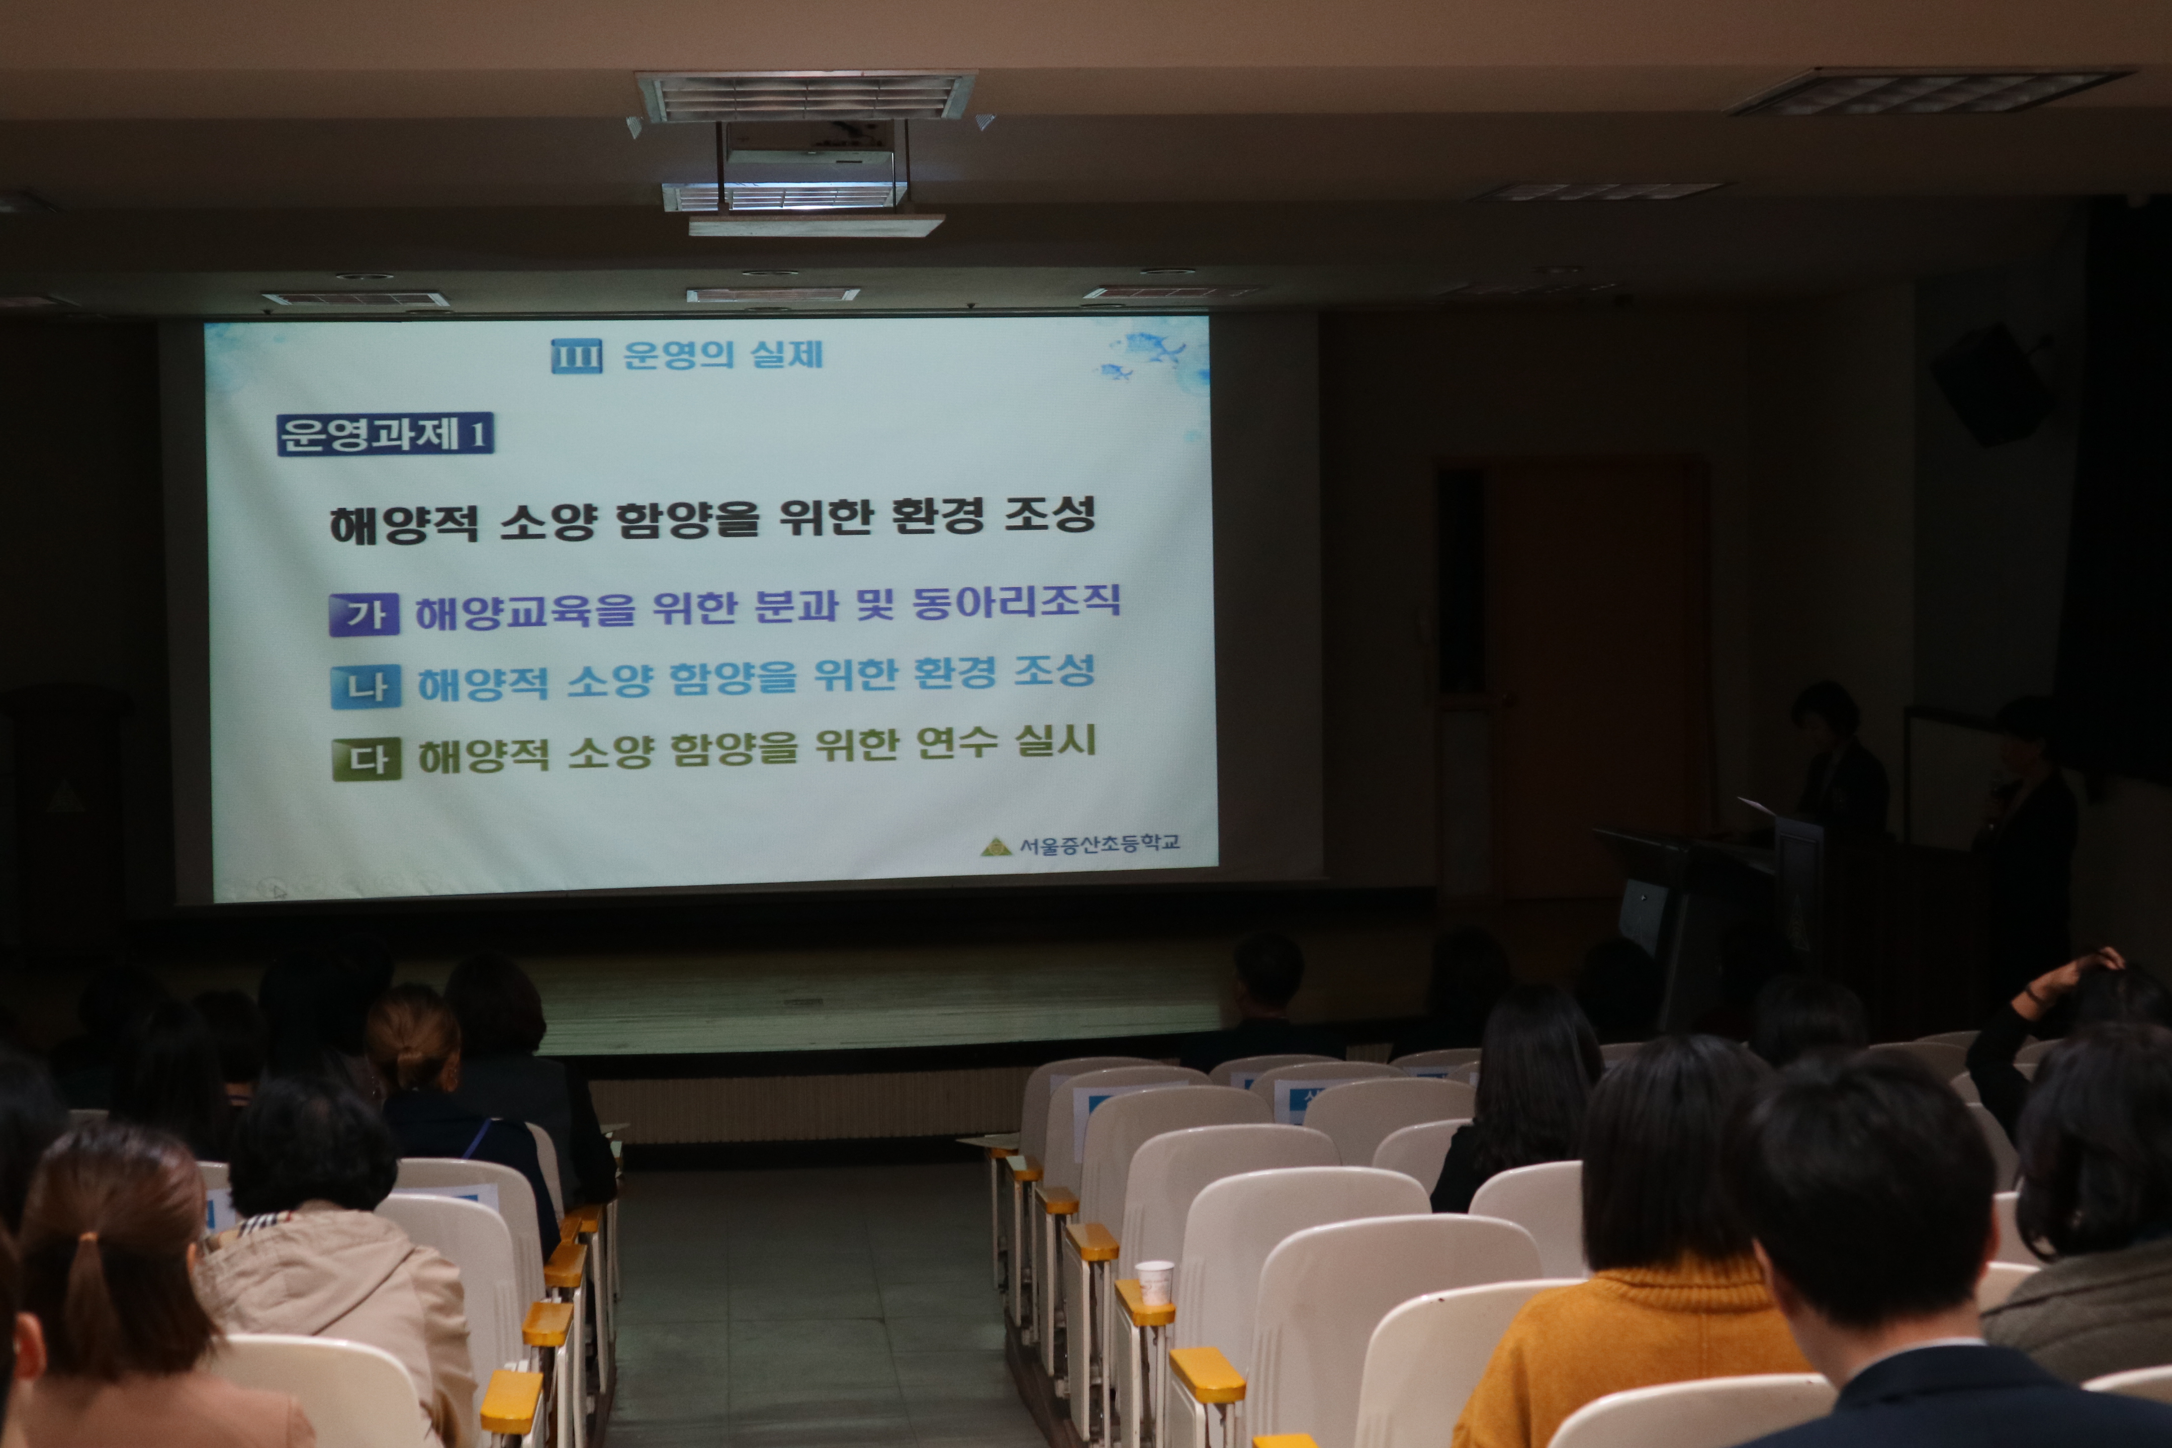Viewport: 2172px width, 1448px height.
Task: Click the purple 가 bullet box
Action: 365,614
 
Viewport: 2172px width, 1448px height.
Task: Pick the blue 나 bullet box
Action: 366,687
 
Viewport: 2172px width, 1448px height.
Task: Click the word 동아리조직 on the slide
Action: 1016,603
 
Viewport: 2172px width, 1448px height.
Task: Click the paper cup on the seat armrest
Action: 1153,1284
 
